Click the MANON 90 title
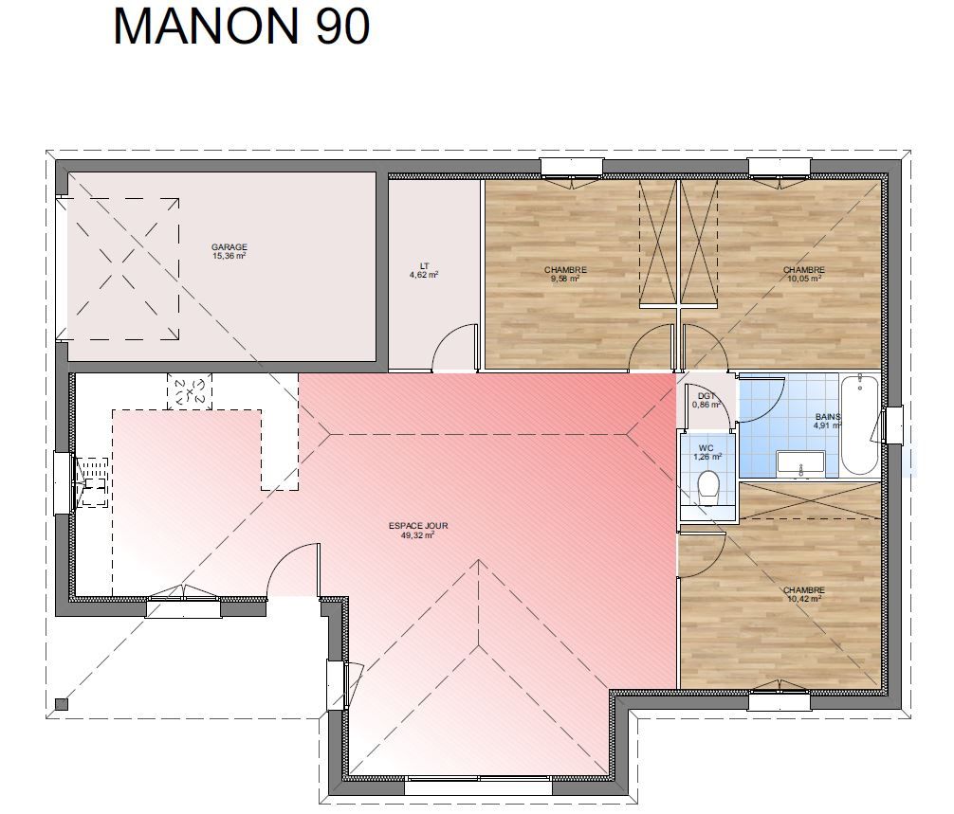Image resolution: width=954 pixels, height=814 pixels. pos(242,27)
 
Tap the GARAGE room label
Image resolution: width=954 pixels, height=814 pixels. pos(229,246)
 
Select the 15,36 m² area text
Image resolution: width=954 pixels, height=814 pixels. pos(229,256)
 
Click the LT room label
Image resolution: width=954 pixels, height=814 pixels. pos(424,265)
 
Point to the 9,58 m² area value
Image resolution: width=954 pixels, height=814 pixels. pos(565,279)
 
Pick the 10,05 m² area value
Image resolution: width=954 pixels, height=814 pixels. pos(804,279)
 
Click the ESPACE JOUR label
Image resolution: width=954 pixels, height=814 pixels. pos(418,526)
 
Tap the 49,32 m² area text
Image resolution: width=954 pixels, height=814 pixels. pos(418,535)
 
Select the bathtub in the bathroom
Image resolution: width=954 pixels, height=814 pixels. pos(859,425)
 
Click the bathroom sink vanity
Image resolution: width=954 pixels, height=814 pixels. pos(800,464)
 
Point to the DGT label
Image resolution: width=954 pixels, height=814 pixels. pos(706,396)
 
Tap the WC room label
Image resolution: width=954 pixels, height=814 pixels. pos(706,448)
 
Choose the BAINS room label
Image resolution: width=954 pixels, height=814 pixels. pos(828,416)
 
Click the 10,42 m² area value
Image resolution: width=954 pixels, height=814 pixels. pos(804,599)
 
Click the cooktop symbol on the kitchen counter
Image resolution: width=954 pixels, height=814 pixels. pos(190,392)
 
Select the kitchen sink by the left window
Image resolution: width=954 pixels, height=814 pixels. pos(92,482)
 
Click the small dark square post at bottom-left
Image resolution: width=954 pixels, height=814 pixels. pos(62,705)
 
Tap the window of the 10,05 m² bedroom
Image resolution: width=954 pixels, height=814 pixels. pos(779,168)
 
